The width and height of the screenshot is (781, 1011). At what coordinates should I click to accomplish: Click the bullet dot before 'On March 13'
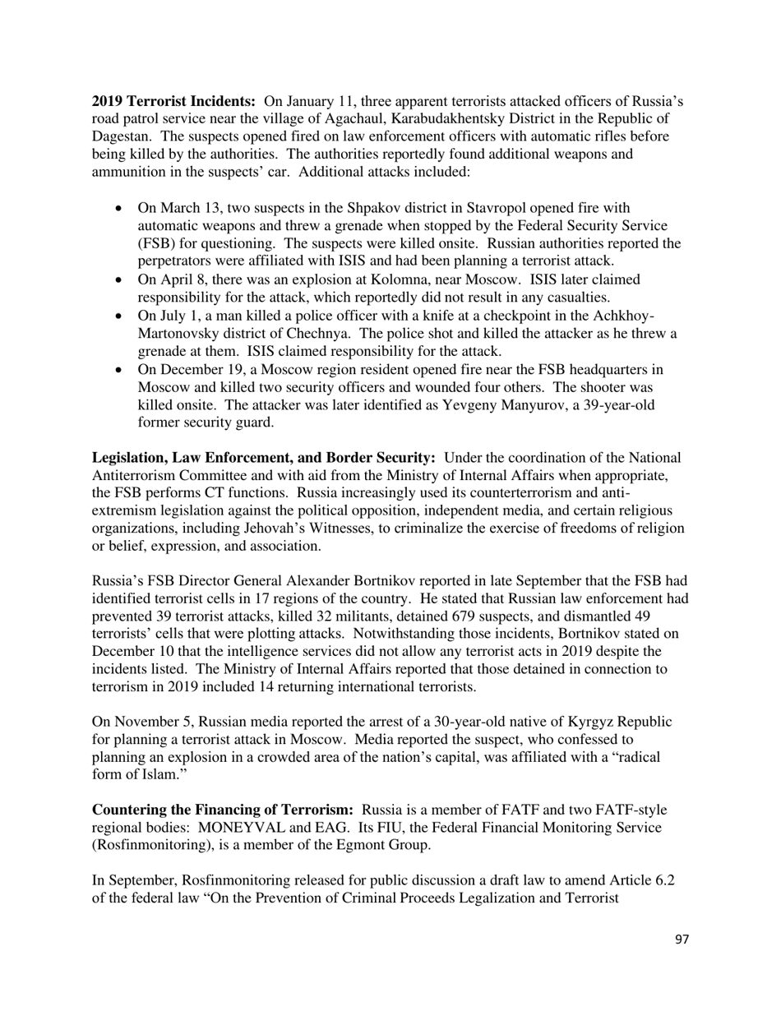121,209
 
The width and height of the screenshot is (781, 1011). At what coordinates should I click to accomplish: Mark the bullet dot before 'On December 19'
121,371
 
